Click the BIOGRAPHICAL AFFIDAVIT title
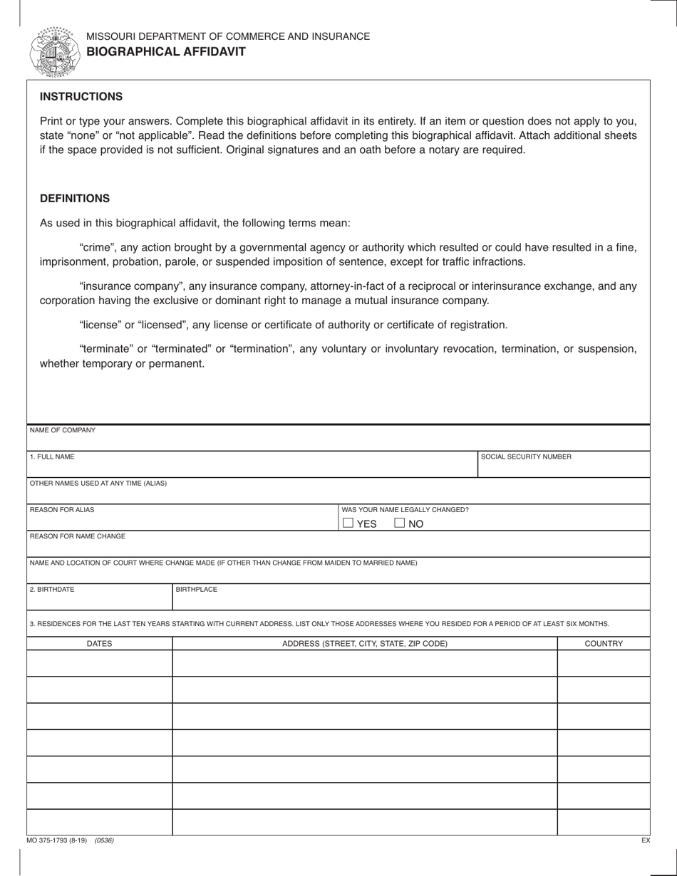166,51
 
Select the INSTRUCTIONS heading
81,96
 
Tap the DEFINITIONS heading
74,199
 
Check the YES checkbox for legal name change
348,523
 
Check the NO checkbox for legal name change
400,523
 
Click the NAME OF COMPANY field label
62,430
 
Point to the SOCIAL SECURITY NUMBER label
526,457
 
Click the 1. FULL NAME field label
52,457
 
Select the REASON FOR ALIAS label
62,510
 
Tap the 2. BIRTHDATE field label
52,590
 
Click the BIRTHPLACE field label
197,590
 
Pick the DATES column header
99,644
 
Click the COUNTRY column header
604,644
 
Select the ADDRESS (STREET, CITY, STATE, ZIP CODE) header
365,644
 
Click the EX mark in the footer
645,840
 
